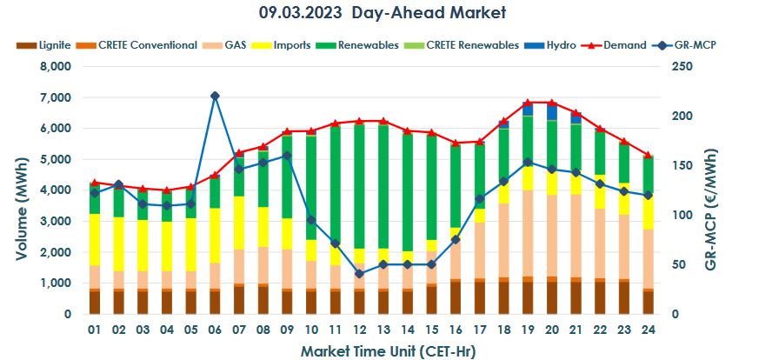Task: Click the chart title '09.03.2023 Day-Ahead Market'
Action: coord(383,12)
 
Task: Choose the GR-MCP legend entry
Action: coord(692,44)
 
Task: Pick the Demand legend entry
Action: coord(623,44)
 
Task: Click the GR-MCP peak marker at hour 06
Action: coord(215,96)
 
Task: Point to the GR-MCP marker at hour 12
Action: coord(359,274)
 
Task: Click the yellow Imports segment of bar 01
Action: coord(94,239)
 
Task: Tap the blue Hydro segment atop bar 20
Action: coord(551,112)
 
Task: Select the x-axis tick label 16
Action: coord(455,330)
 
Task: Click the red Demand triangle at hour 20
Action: coord(551,103)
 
